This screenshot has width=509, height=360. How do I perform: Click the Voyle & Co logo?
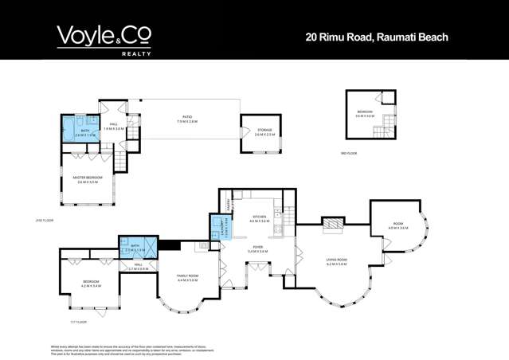click(x=104, y=36)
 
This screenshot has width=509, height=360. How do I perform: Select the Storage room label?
click(x=264, y=132)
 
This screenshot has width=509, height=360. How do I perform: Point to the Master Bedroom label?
click(x=88, y=179)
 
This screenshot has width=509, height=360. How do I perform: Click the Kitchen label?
click(x=259, y=217)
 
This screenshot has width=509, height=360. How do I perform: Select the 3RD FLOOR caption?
click(x=348, y=153)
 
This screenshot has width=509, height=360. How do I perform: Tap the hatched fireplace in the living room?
click(x=331, y=225)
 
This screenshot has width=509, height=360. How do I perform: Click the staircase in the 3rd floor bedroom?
click(x=389, y=124)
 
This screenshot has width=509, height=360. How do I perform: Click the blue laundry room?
click(x=216, y=225)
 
